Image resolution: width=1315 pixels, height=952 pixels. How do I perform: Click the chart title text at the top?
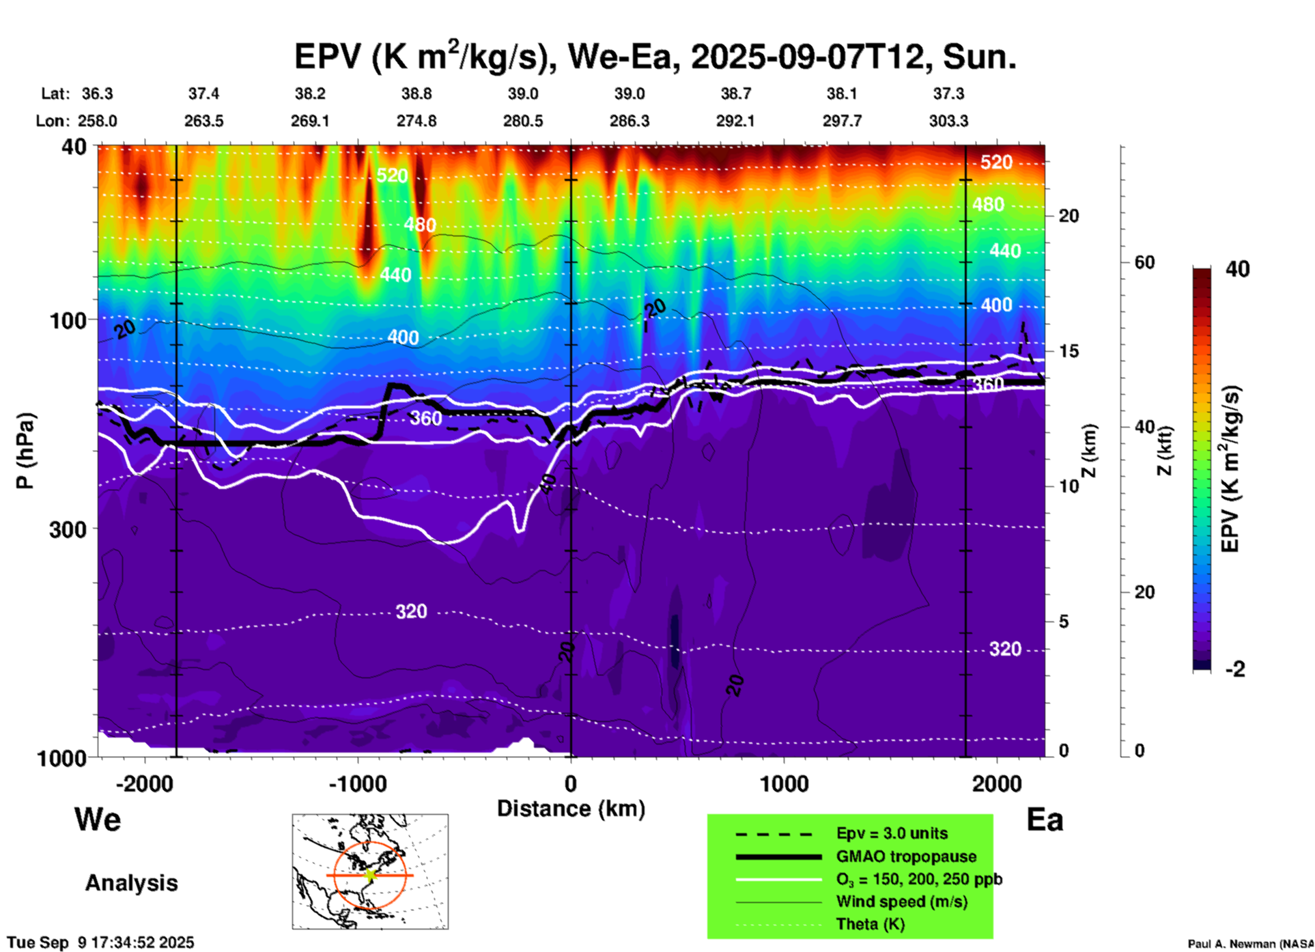tap(655, 57)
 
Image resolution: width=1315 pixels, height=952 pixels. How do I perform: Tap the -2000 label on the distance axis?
tap(144, 784)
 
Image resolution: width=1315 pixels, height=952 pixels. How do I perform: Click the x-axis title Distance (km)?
tap(571, 809)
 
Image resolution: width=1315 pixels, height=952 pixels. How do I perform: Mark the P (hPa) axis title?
tap(25, 451)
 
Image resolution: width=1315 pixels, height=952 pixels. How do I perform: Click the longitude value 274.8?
tap(416, 122)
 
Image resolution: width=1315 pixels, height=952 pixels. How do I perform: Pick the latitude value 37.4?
tap(203, 94)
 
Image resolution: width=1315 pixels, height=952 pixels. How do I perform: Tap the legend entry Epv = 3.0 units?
tap(892, 833)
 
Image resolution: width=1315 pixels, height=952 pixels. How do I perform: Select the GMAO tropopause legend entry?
tap(906, 856)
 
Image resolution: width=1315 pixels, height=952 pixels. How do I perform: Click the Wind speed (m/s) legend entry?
tap(901, 901)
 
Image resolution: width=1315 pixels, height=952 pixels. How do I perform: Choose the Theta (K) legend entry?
tap(870, 925)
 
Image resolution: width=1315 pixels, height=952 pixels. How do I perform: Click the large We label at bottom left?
tap(98, 819)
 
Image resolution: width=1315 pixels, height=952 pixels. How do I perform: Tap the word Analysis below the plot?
tap(131, 883)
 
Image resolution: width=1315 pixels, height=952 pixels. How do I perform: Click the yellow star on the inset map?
tap(370, 875)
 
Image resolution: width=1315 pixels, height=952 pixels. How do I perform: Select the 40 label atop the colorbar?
tap(1237, 269)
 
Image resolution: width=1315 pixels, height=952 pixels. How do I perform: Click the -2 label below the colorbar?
tap(1235, 669)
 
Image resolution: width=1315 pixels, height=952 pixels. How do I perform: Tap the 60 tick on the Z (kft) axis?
tap(1144, 262)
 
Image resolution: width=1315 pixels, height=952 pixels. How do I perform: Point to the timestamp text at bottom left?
tap(100, 942)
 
